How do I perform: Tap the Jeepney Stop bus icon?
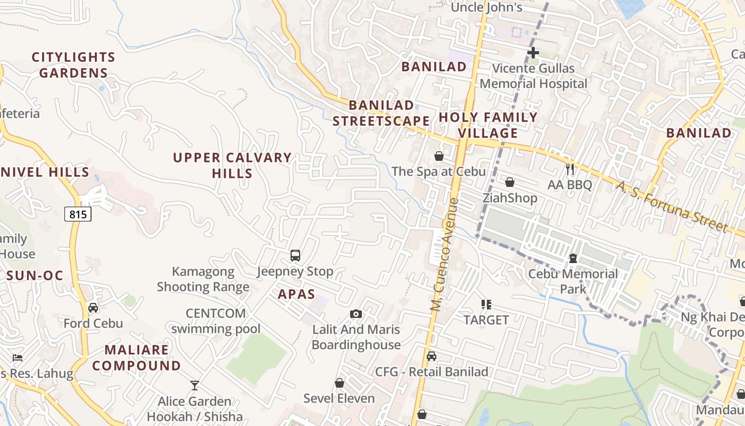pyautogui.click(x=295, y=256)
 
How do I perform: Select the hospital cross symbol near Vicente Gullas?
pyautogui.click(x=533, y=53)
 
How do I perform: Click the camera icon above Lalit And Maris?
pyautogui.click(x=356, y=314)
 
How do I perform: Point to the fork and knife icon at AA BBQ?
pyautogui.click(x=570, y=169)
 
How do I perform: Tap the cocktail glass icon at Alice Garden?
pyautogui.click(x=195, y=385)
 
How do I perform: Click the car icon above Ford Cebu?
pyautogui.click(x=93, y=308)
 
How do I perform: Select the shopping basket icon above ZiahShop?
pyautogui.click(x=510, y=183)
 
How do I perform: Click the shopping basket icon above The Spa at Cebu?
pyautogui.click(x=439, y=156)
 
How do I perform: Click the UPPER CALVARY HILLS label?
pyautogui.click(x=232, y=165)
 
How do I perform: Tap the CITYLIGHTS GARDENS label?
pyautogui.click(x=73, y=65)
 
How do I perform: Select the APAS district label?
pyautogui.click(x=296, y=294)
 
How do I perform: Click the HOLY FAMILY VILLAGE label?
pyautogui.click(x=488, y=125)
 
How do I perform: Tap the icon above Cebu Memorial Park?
pyautogui.click(x=573, y=258)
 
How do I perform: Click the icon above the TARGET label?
pyautogui.click(x=486, y=305)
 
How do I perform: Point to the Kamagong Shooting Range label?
pyautogui.click(x=203, y=279)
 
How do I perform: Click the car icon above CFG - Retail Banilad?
pyautogui.click(x=432, y=356)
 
